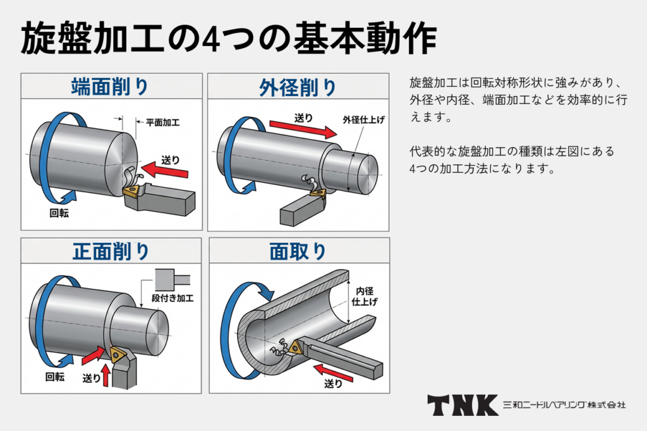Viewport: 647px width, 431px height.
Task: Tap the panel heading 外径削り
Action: (298, 86)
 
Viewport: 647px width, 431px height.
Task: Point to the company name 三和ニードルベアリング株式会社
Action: (564, 405)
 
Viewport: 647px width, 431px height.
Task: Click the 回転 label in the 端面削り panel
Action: (59, 213)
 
